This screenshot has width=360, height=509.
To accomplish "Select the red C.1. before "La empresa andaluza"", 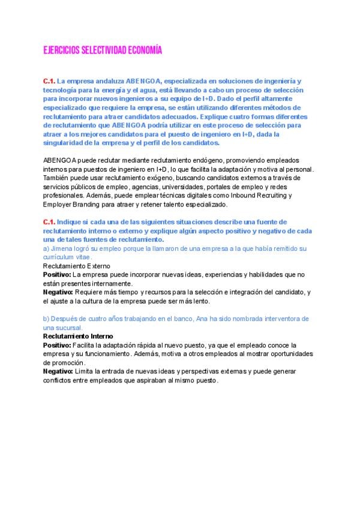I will pyautogui.click(x=49, y=80).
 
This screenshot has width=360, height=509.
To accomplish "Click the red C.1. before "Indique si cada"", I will pyautogui.click(x=49, y=222).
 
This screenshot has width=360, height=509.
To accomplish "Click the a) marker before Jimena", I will pyautogui.click(x=47, y=248).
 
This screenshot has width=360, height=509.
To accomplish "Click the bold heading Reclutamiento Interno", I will pyautogui.click(x=78, y=337).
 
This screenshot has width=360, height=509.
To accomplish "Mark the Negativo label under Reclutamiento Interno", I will pyautogui.click(x=57, y=372).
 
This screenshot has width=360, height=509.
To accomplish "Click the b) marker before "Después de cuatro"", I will pyautogui.click(x=47, y=318).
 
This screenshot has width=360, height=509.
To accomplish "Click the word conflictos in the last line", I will pyautogui.click(x=61, y=381).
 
